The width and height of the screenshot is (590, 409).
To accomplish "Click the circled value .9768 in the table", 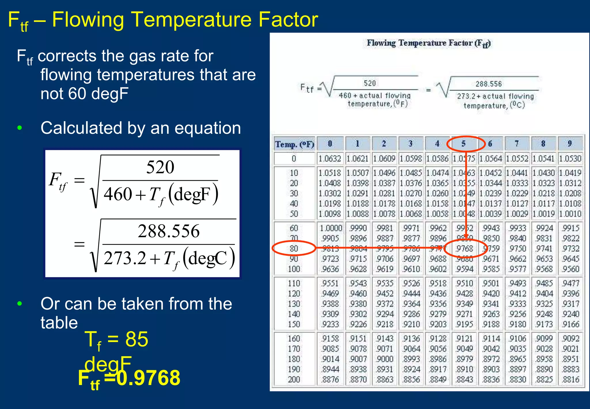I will tap(464, 248).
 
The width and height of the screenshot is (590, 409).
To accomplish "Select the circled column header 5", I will tap(464, 143).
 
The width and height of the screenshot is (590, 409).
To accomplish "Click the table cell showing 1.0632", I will tap(330, 158).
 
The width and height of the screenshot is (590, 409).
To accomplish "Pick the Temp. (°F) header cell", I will tap(294, 144).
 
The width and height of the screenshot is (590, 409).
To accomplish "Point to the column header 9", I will tap(570, 143).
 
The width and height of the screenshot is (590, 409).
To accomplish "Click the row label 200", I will tap(294, 379).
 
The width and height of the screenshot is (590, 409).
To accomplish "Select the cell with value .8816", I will tap(571, 379).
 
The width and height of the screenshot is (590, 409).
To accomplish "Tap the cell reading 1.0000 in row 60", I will tap(331, 228).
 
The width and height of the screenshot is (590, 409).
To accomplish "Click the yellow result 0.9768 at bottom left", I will tap(149, 378).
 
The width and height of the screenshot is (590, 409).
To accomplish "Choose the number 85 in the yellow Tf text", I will tap(137, 339).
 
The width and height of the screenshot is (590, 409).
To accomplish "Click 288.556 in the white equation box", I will tap(169, 231).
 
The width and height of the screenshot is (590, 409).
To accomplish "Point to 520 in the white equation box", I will tap(160, 167).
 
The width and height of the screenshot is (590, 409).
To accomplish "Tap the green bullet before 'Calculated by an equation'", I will tap(20, 128).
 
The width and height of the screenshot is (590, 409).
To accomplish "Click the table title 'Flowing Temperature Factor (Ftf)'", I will tap(428, 43).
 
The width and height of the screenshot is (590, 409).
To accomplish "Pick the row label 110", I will tap(294, 283).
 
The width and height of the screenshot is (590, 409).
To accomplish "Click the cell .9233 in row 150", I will tap(330, 324).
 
